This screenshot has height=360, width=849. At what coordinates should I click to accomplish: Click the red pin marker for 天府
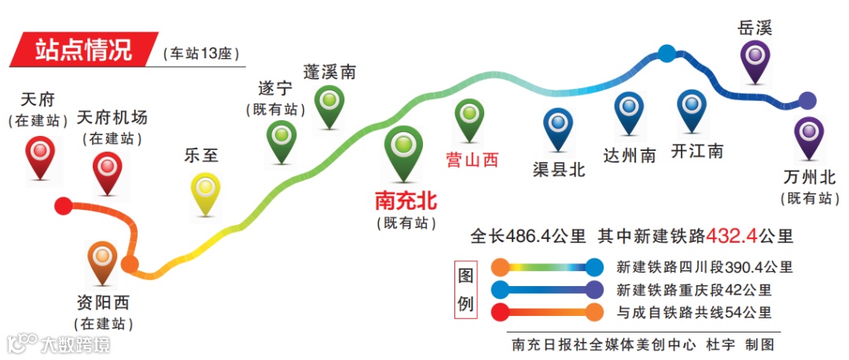click(x=40, y=155)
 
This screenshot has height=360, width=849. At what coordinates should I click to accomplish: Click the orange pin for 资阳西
click(x=102, y=259)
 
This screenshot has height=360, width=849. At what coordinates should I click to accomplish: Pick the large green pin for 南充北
click(x=404, y=149)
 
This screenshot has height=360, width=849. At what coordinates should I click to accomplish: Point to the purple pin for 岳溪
click(x=755, y=59)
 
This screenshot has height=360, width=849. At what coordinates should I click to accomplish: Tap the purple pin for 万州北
click(x=808, y=135)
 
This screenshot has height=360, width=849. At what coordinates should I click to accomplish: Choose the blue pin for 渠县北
click(x=558, y=126)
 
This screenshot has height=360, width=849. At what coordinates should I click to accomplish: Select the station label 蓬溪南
click(x=329, y=72)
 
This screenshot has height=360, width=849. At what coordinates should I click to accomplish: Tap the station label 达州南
click(x=630, y=155)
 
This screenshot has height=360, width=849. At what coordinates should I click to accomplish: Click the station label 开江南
click(x=697, y=151)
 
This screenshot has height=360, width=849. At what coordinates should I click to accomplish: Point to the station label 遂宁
click(x=274, y=88)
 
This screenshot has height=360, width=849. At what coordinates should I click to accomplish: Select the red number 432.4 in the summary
click(x=731, y=235)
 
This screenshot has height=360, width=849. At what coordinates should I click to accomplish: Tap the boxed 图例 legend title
click(x=466, y=288)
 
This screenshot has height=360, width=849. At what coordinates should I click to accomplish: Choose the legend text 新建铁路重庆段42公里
click(x=694, y=290)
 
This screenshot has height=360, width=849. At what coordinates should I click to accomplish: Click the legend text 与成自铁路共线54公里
click(x=694, y=312)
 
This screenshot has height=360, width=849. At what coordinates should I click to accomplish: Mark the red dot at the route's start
click(x=63, y=207)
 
